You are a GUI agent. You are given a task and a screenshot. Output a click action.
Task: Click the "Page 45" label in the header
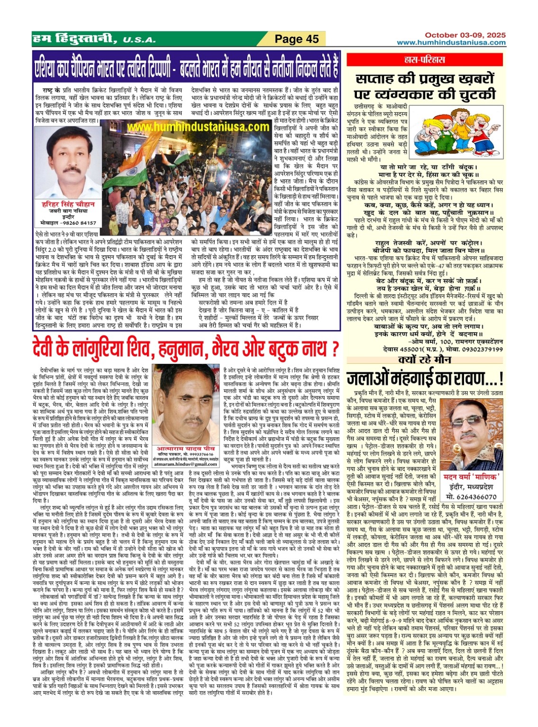[x=297, y=39]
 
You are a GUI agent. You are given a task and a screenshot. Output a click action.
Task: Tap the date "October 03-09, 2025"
[x=465, y=35]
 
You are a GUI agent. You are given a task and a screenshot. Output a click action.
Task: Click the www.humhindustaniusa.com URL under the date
[x=451, y=43]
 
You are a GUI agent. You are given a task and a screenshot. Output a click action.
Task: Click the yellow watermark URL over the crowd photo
[x=198, y=127]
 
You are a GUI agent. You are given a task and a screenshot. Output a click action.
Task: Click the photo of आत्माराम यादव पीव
[x=188, y=402]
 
